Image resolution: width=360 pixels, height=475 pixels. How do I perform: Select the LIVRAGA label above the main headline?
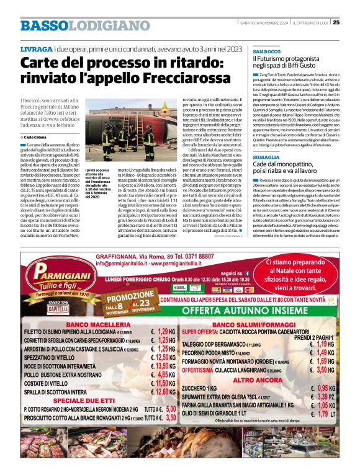pyautogui.click(x=36, y=48)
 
